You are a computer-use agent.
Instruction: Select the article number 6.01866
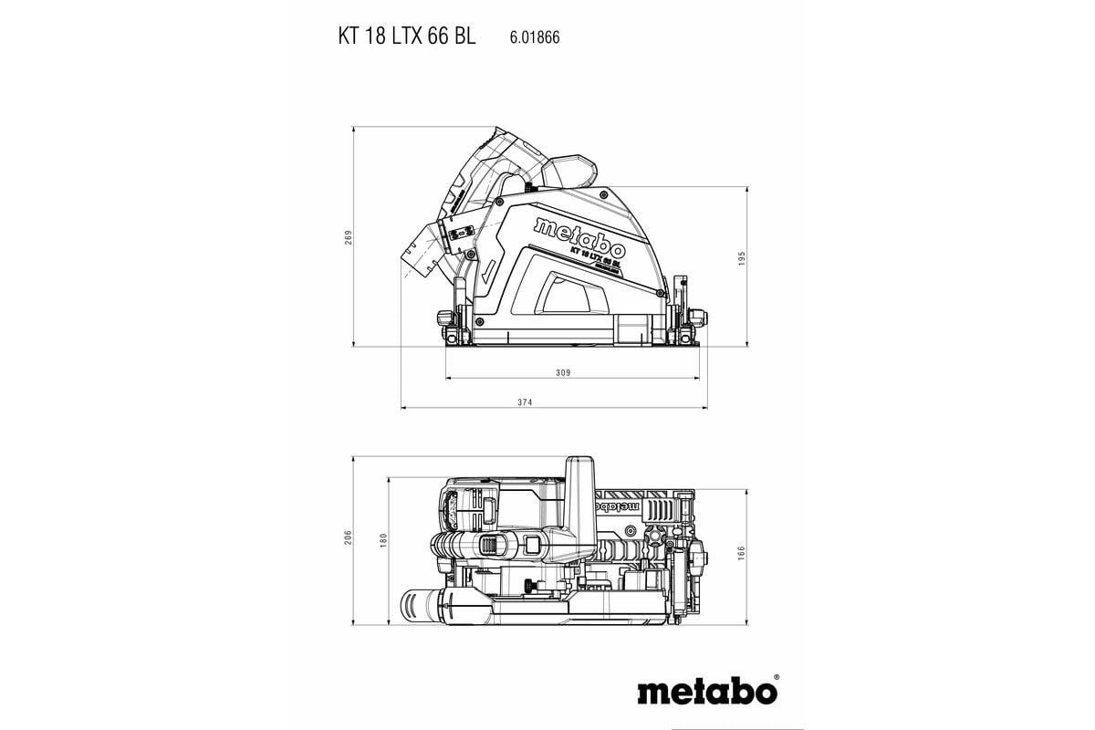(534, 38)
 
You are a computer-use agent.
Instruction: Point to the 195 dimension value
(743, 258)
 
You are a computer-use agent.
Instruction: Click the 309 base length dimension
(562, 373)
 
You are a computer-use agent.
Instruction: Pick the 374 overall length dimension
(549, 402)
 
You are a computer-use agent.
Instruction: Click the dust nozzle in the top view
(422, 604)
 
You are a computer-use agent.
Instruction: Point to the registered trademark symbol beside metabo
(777, 679)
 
